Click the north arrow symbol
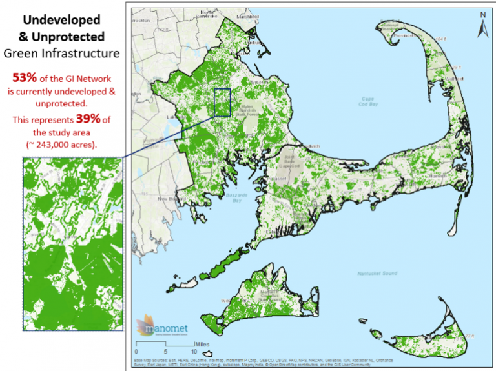[482, 25]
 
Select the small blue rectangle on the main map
[222, 102]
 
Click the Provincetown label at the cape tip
[397, 36]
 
